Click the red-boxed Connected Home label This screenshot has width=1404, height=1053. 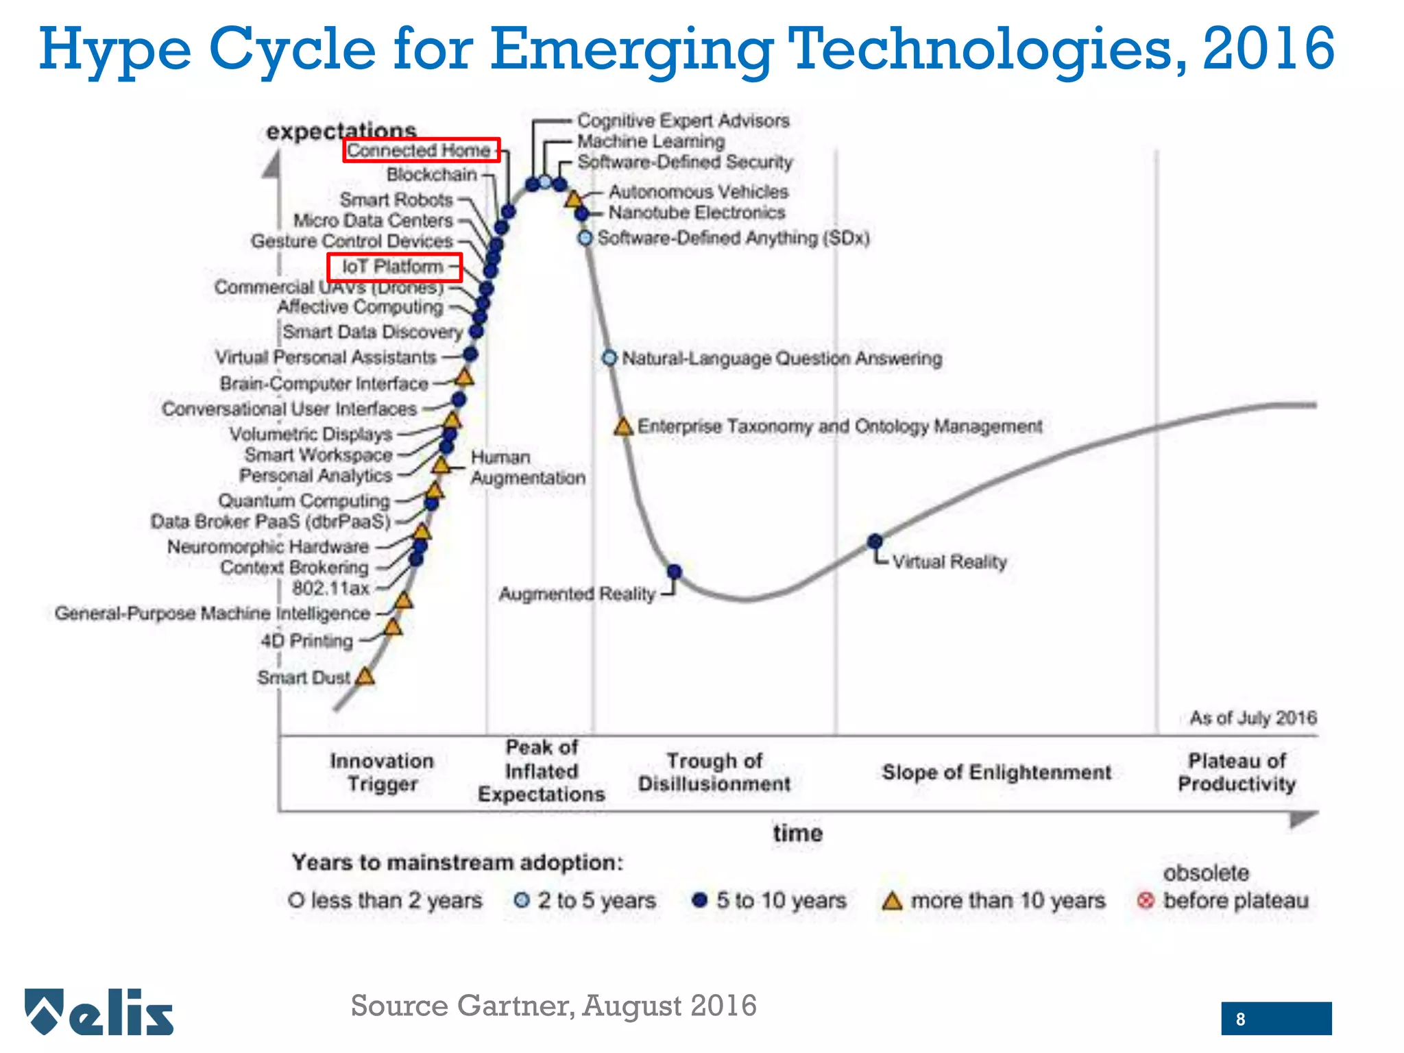[421, 150]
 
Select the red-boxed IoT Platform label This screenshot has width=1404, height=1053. [394, 267]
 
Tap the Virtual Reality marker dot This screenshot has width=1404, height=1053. [875, 542]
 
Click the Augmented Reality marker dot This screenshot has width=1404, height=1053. [674, 571]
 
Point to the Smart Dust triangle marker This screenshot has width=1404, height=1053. [365, 677]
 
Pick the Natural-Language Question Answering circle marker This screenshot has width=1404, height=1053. [609, 358]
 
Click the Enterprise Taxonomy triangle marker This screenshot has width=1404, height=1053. [623, 427]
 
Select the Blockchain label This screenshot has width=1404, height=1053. [432, 175]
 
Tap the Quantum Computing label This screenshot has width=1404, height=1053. [304, 500]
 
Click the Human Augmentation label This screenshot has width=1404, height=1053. [527, 468]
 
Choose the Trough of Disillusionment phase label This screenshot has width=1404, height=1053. [714, 772]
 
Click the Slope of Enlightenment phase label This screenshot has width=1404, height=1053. [996, 772]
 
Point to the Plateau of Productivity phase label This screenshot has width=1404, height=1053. [1237, 772]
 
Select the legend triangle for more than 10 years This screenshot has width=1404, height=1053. [891, 901]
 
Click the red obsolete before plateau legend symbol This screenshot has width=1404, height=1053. [1145, 900]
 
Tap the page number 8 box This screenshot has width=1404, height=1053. [1276, 1019]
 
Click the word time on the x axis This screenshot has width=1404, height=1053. [797, 833]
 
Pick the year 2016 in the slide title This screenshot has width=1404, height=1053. [1268, 49]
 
